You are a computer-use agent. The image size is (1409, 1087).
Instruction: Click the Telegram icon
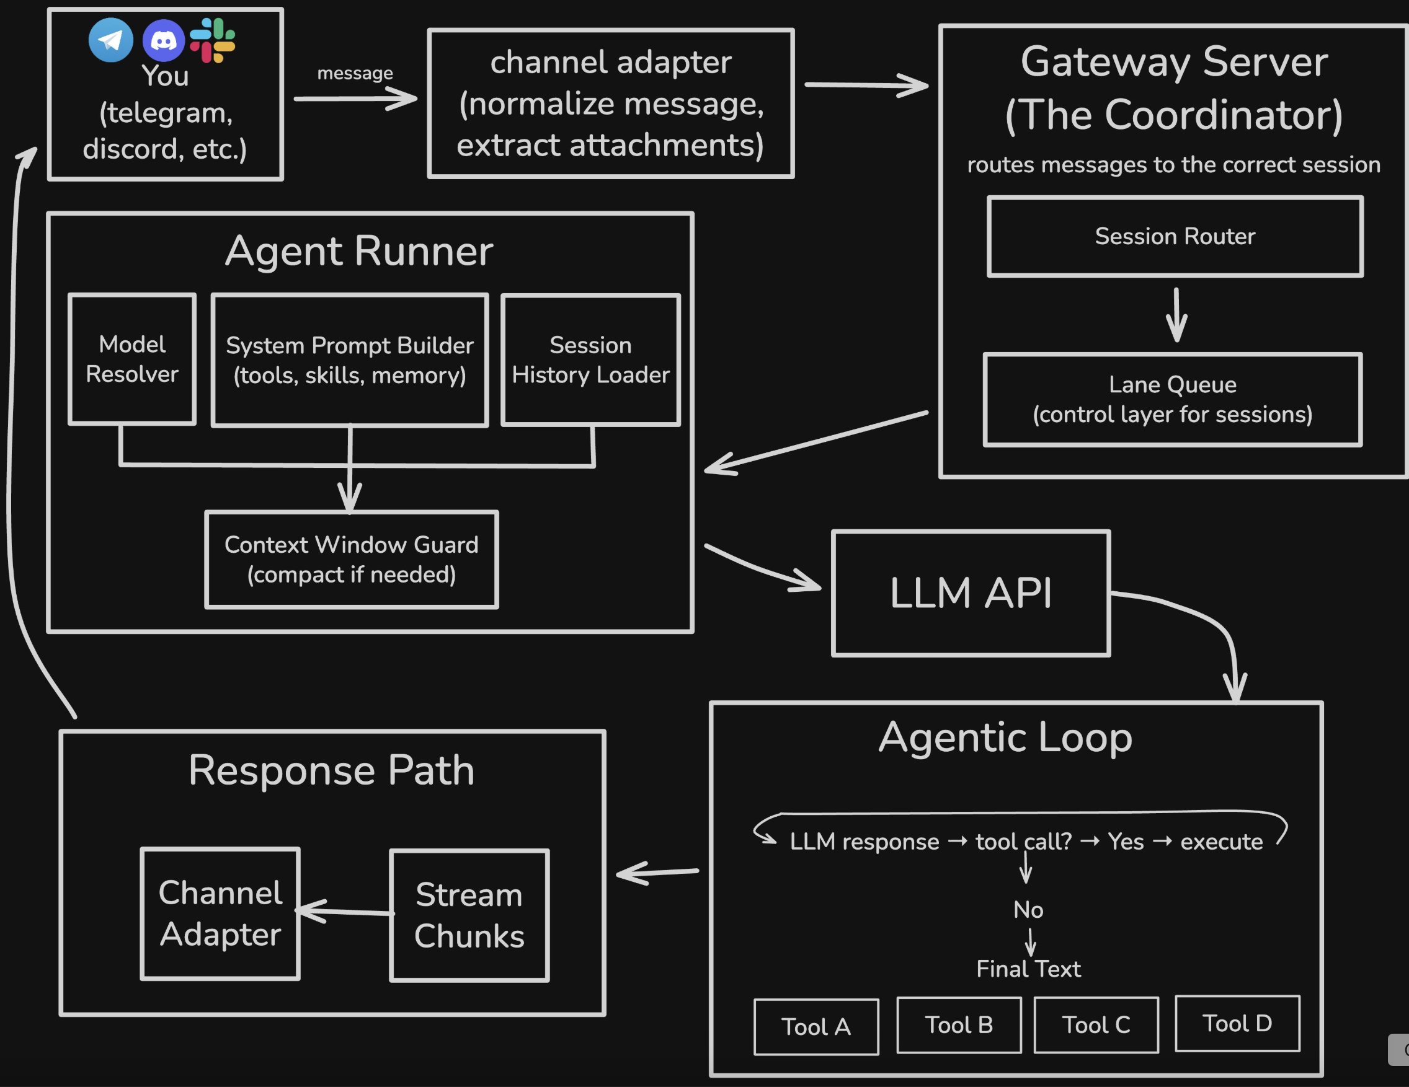point(111,40)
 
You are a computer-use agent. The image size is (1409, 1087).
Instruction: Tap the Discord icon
point(163,41)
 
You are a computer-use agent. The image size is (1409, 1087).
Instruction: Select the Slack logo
point(212,40)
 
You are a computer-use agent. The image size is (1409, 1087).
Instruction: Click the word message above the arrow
point(355,74)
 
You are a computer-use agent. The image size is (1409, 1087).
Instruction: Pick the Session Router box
point(1175,237)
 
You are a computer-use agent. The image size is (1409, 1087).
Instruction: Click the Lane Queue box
point(1172,399)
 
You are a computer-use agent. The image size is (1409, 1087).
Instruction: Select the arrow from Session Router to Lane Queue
point(1176,315)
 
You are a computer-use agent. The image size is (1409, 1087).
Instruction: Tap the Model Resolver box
point(132,359)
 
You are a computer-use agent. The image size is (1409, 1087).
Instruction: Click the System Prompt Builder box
point(350,361)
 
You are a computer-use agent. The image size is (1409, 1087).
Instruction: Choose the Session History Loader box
point(590,360)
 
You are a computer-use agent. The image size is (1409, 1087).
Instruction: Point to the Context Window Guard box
point(352,559)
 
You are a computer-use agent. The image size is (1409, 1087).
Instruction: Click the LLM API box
point(971,593)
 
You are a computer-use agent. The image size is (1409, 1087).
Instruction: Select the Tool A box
point(816,1026)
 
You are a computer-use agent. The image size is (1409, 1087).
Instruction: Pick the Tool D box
point(1237,1023)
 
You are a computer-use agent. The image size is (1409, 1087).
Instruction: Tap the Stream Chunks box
point(469,915)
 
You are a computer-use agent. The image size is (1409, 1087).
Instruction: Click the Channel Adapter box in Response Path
point(220,913)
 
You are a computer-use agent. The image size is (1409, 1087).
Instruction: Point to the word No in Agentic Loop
point(1028,910)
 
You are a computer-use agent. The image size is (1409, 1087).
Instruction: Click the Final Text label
point(1028,969)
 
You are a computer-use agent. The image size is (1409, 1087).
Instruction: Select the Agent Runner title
point(358,251)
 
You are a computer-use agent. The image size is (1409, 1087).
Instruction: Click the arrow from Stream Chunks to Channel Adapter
point(345,911)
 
